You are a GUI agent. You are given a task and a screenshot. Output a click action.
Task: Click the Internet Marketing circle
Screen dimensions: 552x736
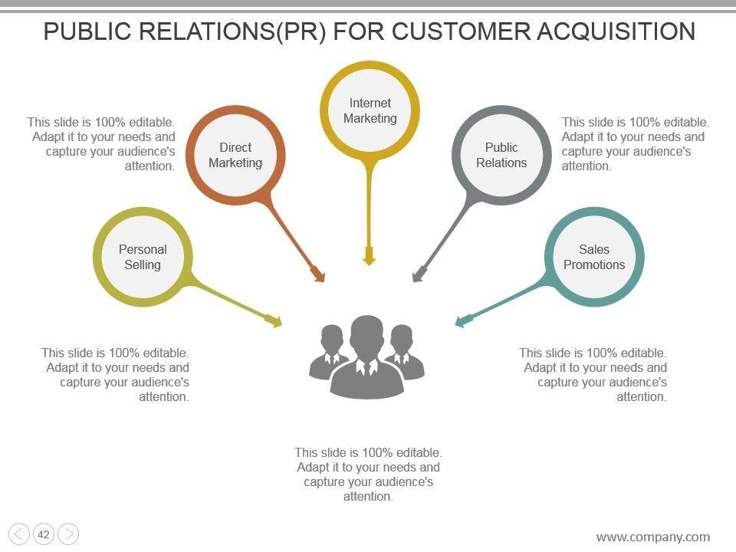coord(370,110)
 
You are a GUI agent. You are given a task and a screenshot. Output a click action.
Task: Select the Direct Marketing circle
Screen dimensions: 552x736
coord(235,155)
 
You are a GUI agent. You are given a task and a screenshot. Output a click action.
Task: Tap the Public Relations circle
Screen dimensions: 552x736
coord(501,155)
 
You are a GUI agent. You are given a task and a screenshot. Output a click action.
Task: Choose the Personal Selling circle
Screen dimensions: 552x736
coord(143,257)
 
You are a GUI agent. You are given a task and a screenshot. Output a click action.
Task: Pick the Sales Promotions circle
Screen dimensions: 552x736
coord(594,257)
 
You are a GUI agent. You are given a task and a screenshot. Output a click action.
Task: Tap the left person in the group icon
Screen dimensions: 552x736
coord(330,353)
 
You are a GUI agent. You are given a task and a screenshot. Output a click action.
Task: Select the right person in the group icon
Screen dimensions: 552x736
coord(403,353)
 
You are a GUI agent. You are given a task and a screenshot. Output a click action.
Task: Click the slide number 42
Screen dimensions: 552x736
coord(44,534)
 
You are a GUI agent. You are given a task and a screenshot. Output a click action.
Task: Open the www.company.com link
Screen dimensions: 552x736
coord(652,537)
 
